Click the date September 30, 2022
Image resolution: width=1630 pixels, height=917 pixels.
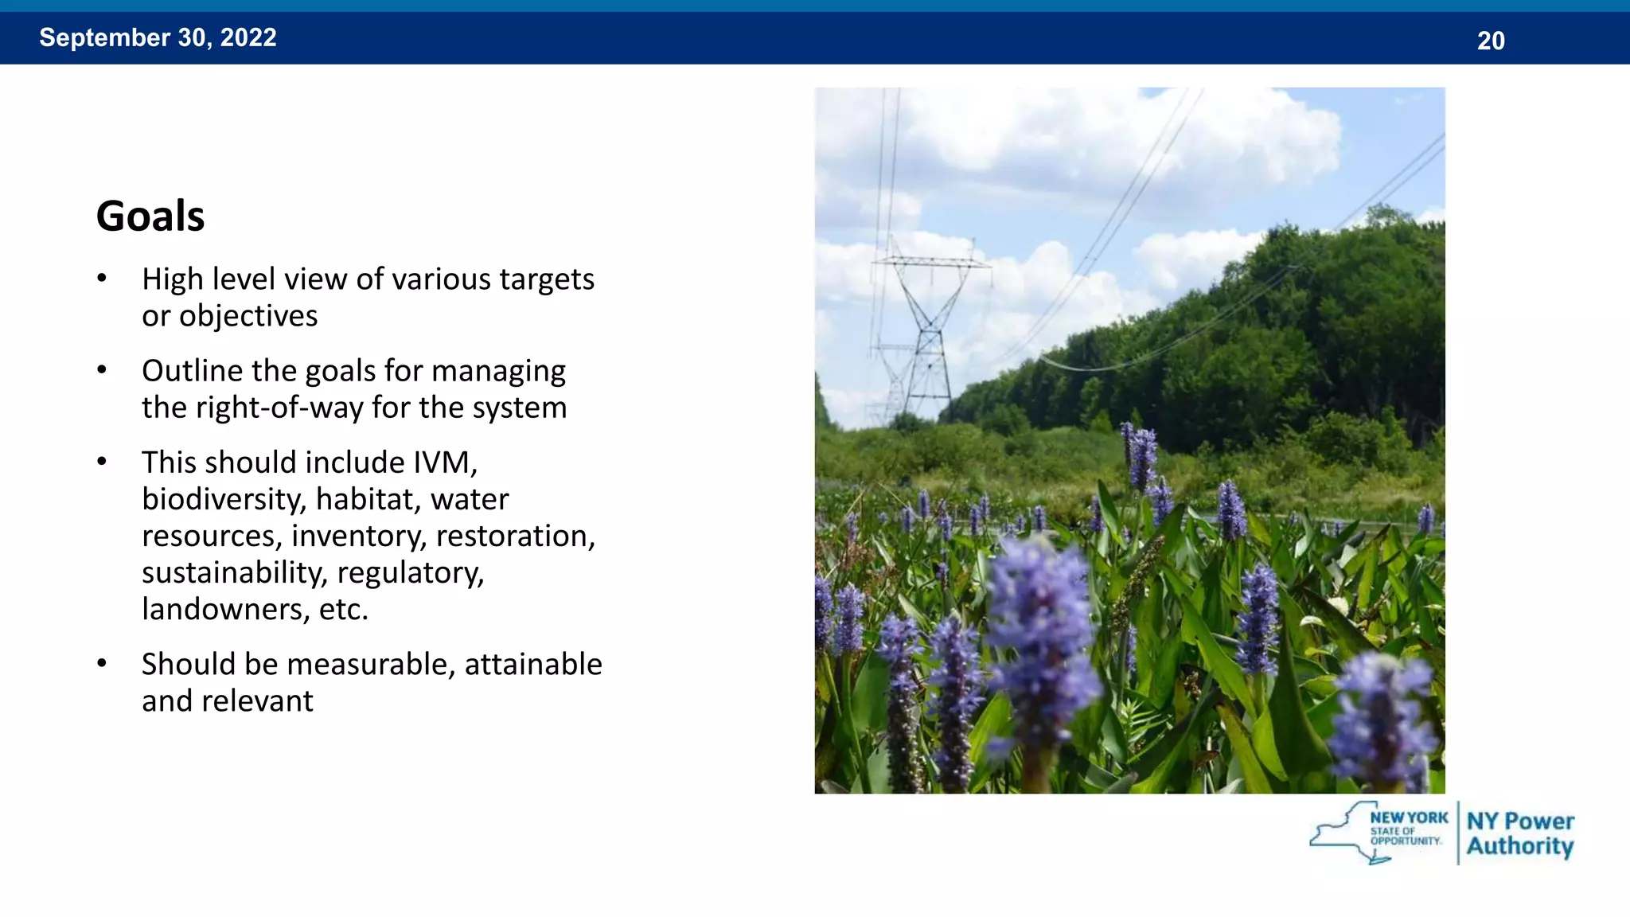pos(158,37)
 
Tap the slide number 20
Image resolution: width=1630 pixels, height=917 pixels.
pos(1491,41)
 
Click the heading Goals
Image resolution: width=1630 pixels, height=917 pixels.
pos(150,216)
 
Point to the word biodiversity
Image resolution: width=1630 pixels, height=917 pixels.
pos(224,500)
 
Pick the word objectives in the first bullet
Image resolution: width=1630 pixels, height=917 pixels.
pos(248,316)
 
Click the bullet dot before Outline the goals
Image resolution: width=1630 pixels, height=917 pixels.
pos(102,370)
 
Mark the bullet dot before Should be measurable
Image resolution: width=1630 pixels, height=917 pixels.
pos(102,663)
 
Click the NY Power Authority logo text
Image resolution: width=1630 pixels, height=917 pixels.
pos(1520,833)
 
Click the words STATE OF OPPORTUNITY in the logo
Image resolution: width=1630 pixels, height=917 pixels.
pos(1406,836)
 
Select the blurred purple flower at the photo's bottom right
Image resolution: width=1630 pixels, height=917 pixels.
pos(1385,716)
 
